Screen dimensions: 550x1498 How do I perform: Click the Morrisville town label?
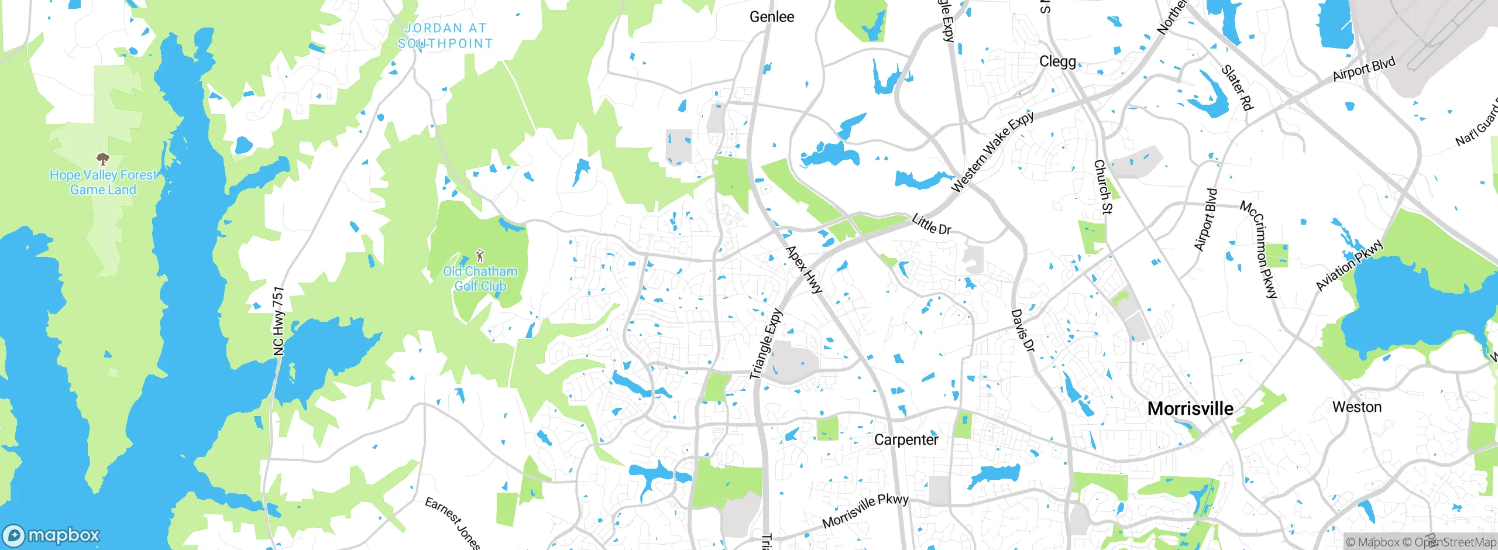[x=1190, y=408]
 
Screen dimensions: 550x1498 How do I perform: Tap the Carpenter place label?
[x=906, y=439]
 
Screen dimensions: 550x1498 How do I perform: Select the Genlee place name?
[x=772, y=17]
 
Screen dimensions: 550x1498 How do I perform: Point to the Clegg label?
[x=1057, y=61]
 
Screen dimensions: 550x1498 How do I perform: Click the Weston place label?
[x=1356, y=407]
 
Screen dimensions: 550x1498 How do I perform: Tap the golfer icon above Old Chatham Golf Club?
[x=480, y=256]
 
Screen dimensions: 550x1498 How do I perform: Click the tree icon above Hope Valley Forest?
[x=103, y=159]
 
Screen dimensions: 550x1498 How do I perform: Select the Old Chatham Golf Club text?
[x=480, y=279]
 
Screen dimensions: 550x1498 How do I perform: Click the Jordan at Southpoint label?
[x=445, y=36]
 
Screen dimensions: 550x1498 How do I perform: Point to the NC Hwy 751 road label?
[x=279, y=321]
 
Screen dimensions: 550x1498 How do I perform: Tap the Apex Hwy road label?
[x=804, y=269]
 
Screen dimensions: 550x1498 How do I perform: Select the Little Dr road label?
[x=931, y=225]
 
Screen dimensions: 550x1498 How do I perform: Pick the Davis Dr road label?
[x=1023, y=331]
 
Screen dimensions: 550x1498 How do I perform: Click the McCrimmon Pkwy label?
[x=1259, y=249]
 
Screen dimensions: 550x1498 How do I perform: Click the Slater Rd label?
[x=1237, y=87]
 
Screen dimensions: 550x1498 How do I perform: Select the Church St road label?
[x=1103, y=187]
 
